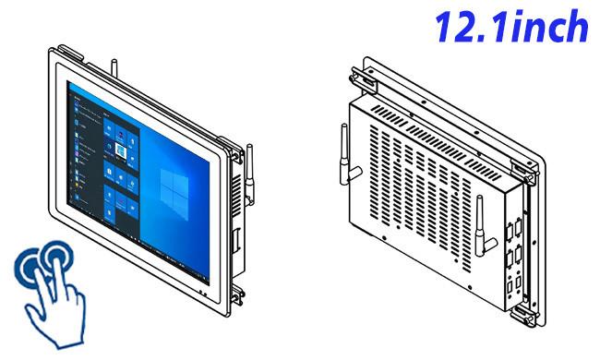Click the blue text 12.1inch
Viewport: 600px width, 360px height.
[x=511, y=27]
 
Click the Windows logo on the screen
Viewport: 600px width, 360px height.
[x=174, y=194]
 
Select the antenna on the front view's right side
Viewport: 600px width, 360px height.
[x=249, y=174]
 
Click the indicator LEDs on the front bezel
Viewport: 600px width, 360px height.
[x=203, y=294]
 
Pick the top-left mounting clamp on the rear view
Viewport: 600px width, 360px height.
[x=361, y=80]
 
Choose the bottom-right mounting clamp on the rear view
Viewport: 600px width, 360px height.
[x=523, y=315]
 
